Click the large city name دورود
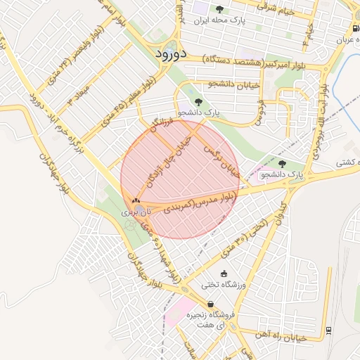point(169,53)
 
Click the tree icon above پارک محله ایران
point(219,9)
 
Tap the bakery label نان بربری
point(136,211)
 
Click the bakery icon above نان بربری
point(136,201)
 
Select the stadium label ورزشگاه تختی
point(223,285)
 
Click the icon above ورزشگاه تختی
point(224,274)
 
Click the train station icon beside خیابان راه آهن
point(328,330)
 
